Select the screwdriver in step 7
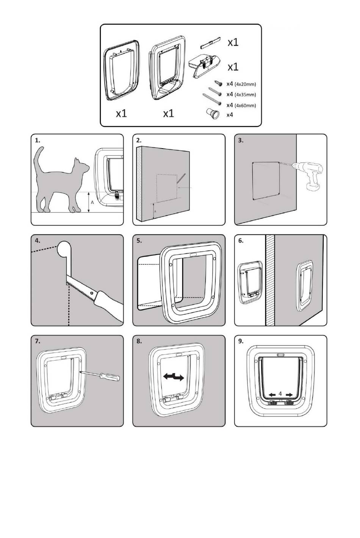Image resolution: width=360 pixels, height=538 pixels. coord(99,375)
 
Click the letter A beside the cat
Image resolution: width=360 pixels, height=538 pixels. coord(92,202)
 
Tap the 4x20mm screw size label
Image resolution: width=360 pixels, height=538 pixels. coord(245,84)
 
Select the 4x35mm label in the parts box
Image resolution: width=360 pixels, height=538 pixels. coord(245,95)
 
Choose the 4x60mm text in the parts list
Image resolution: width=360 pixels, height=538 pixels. coord(245,105)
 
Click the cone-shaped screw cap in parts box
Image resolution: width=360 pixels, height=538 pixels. coord(213,113)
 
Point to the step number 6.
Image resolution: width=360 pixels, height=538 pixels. coord(241,241)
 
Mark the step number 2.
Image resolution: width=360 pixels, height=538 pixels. coord(139,140)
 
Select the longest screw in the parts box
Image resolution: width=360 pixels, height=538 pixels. coord(211,99)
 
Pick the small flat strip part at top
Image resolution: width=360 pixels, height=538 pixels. coord(210,42)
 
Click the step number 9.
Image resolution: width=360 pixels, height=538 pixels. coord(241,341)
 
